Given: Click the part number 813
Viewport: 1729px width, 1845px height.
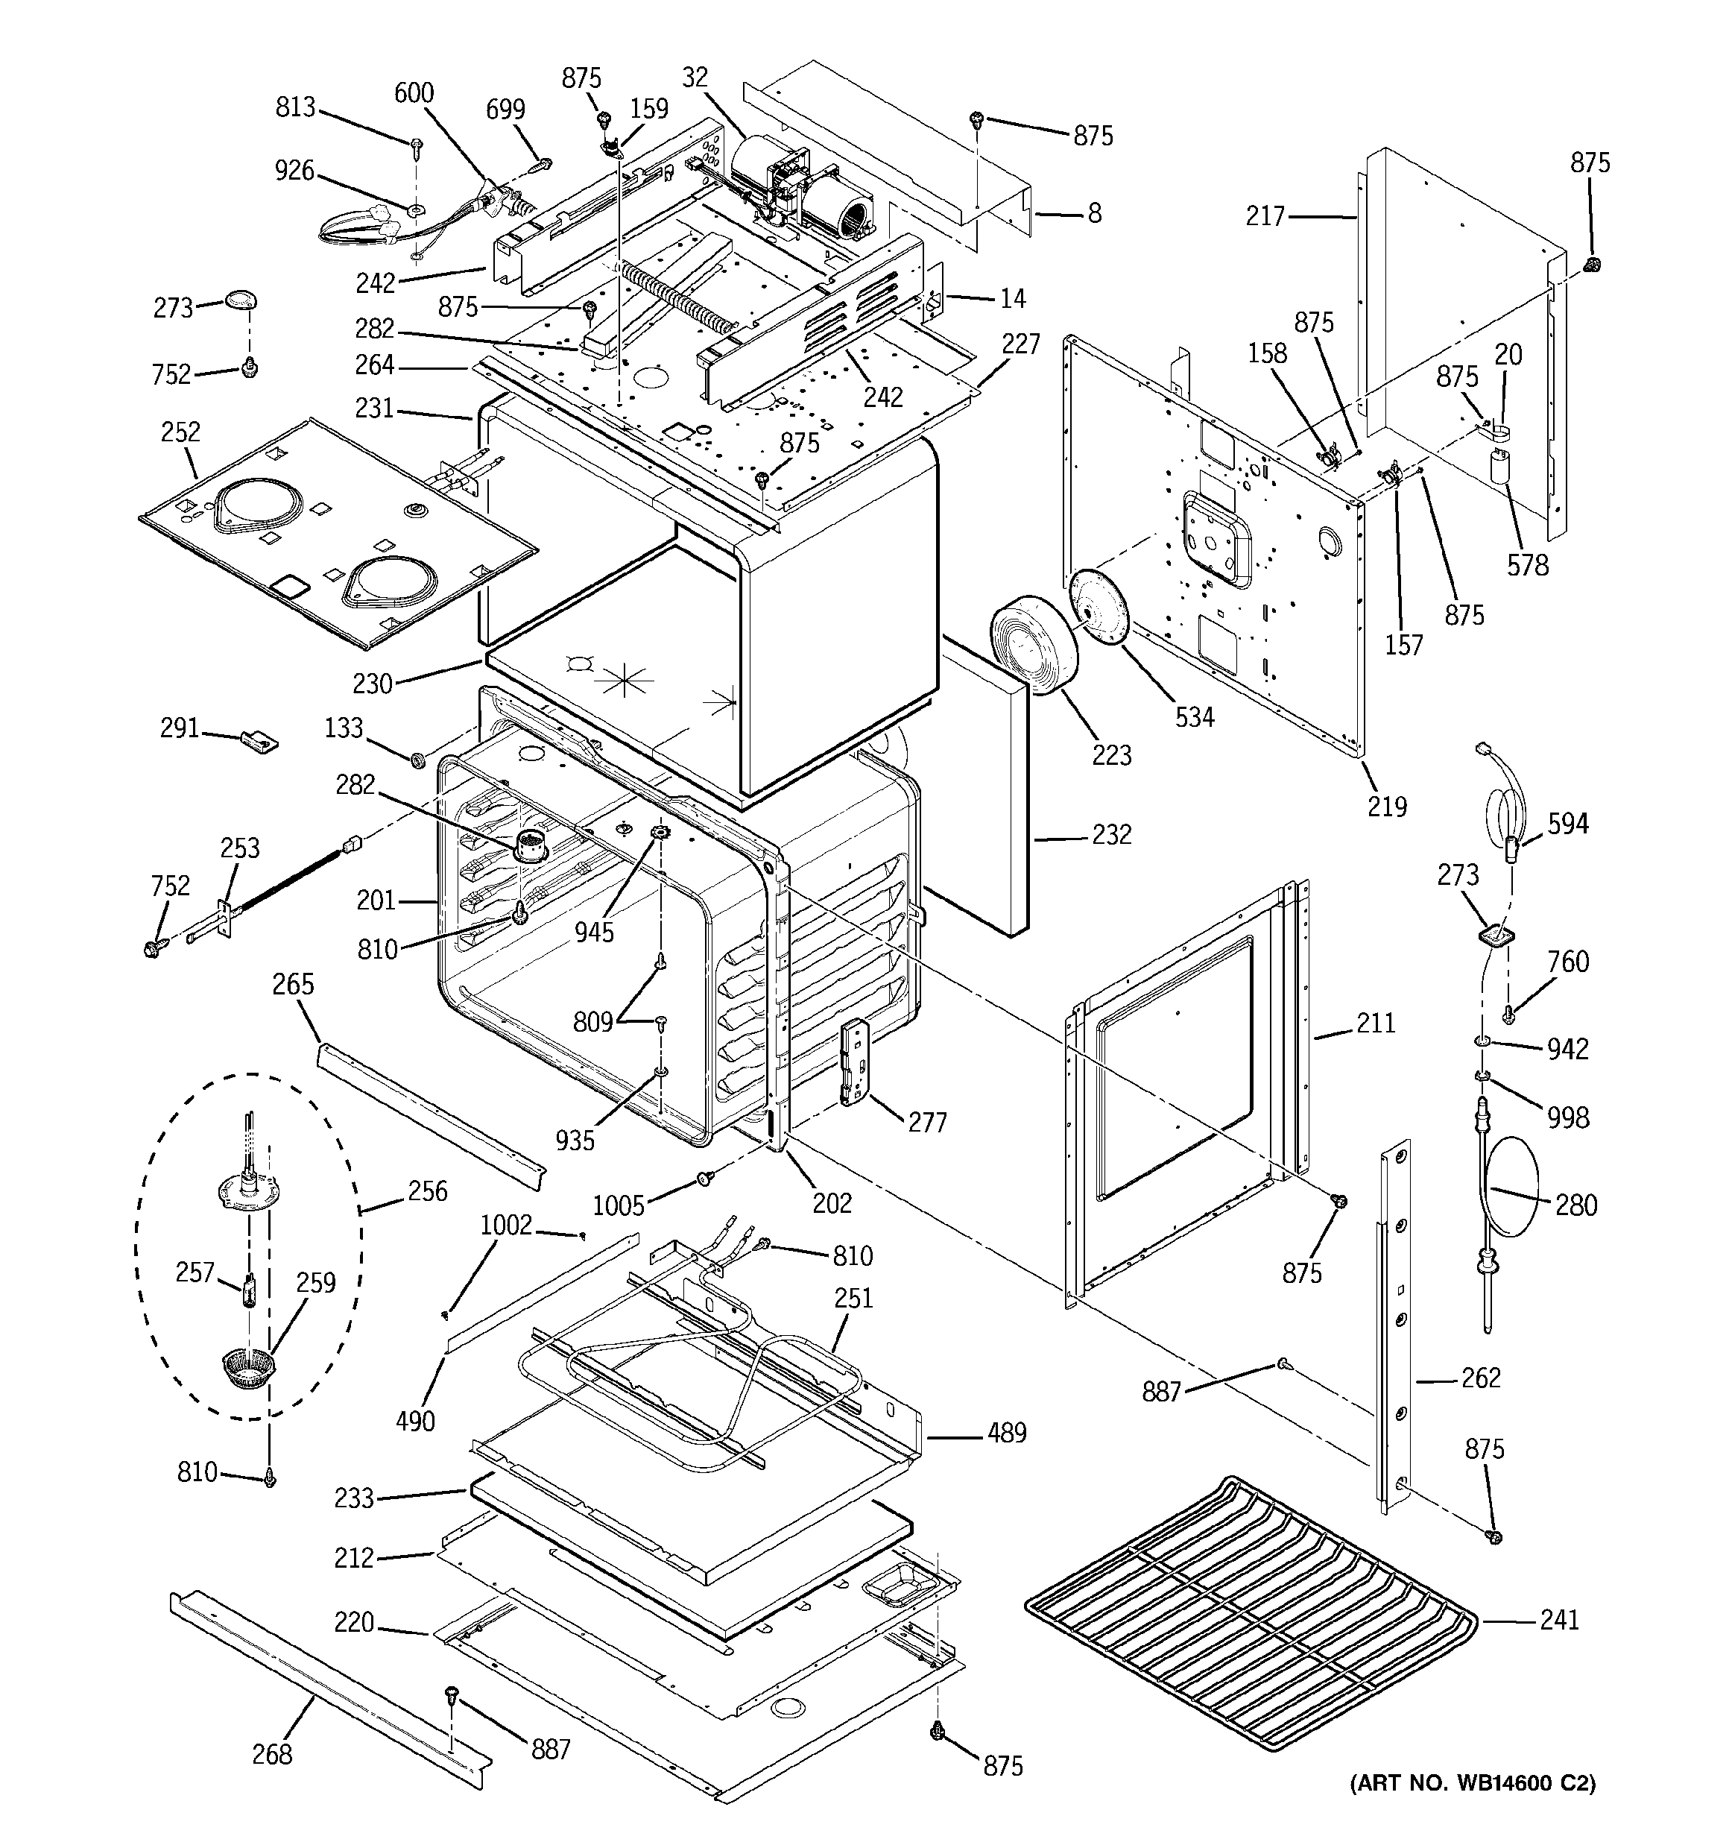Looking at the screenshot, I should [295, 107].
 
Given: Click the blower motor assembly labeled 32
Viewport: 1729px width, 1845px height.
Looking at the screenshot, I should [799, 186].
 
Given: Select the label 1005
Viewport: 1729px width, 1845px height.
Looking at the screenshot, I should [618, 1205].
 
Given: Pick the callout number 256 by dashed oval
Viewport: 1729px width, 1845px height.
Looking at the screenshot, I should [427, 1190].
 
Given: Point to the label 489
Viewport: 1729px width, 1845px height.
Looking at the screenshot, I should [1006, 1433].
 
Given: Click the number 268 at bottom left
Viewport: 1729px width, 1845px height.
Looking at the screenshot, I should [272, 1754].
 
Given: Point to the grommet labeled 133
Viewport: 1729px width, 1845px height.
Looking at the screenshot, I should [417, 760].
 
